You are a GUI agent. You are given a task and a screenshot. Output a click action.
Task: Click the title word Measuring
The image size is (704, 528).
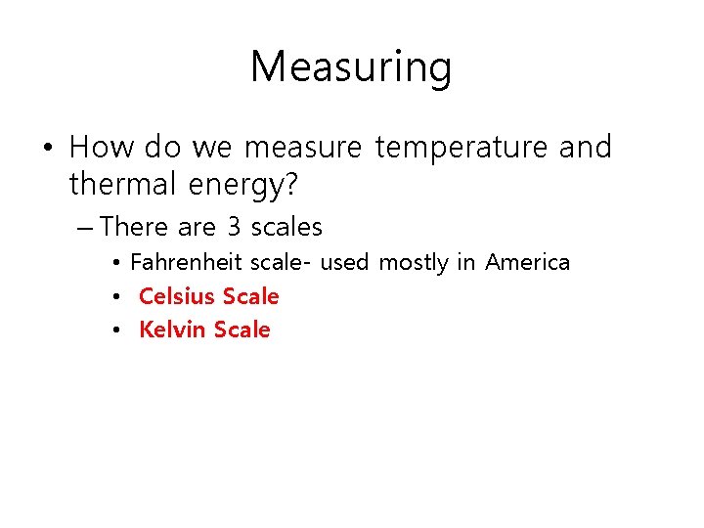(351, 67)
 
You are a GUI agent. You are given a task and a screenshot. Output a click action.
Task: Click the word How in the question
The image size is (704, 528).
(102, 147)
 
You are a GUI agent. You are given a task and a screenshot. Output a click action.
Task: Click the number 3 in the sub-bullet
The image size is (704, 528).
(234, 227)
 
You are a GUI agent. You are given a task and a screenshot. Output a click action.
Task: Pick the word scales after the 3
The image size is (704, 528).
(286, 227)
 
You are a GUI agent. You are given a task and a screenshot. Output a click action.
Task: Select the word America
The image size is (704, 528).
(527, 262)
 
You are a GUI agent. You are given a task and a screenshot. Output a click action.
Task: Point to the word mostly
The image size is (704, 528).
(414, 263)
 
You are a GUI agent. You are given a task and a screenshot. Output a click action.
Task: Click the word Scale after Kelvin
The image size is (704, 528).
(242, 330)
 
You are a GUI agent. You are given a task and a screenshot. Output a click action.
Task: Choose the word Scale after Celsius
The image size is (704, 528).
(251, 295)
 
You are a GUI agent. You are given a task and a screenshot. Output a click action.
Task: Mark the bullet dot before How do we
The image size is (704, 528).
(47, 149)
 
